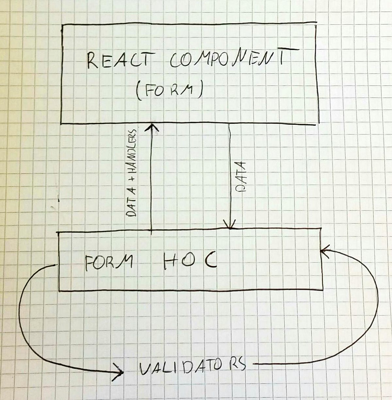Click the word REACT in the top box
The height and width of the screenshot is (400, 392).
click(x=119, y=61)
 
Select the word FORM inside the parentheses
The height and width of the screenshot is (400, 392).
click(x=169, y=91)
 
